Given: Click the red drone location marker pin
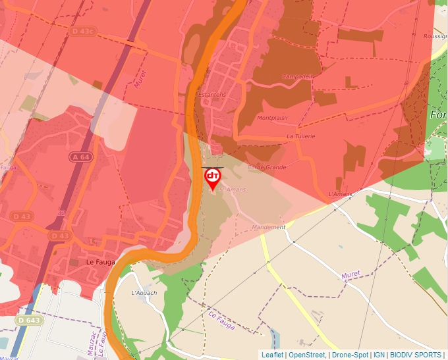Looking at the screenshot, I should [x=212, y=178].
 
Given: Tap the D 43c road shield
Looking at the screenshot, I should [x=83, y=30].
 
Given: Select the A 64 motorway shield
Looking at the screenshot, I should [x=80, y=157].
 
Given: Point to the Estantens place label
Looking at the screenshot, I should [x=211, y=95].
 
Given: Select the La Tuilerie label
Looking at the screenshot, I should [x=300, y=136].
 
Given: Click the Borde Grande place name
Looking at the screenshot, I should [x=266, y=167].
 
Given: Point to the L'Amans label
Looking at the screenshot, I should [x=341, y=195].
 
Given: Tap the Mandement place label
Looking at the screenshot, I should [x=269, y=228].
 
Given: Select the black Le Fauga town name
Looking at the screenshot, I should [x=101, y=262].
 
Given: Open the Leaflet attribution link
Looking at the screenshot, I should [x=272, y=355].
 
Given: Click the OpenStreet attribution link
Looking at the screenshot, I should [x=306, y=355].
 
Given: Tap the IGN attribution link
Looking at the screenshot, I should [x=379, y=355].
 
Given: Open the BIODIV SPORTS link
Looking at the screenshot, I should [x=414, y=355].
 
